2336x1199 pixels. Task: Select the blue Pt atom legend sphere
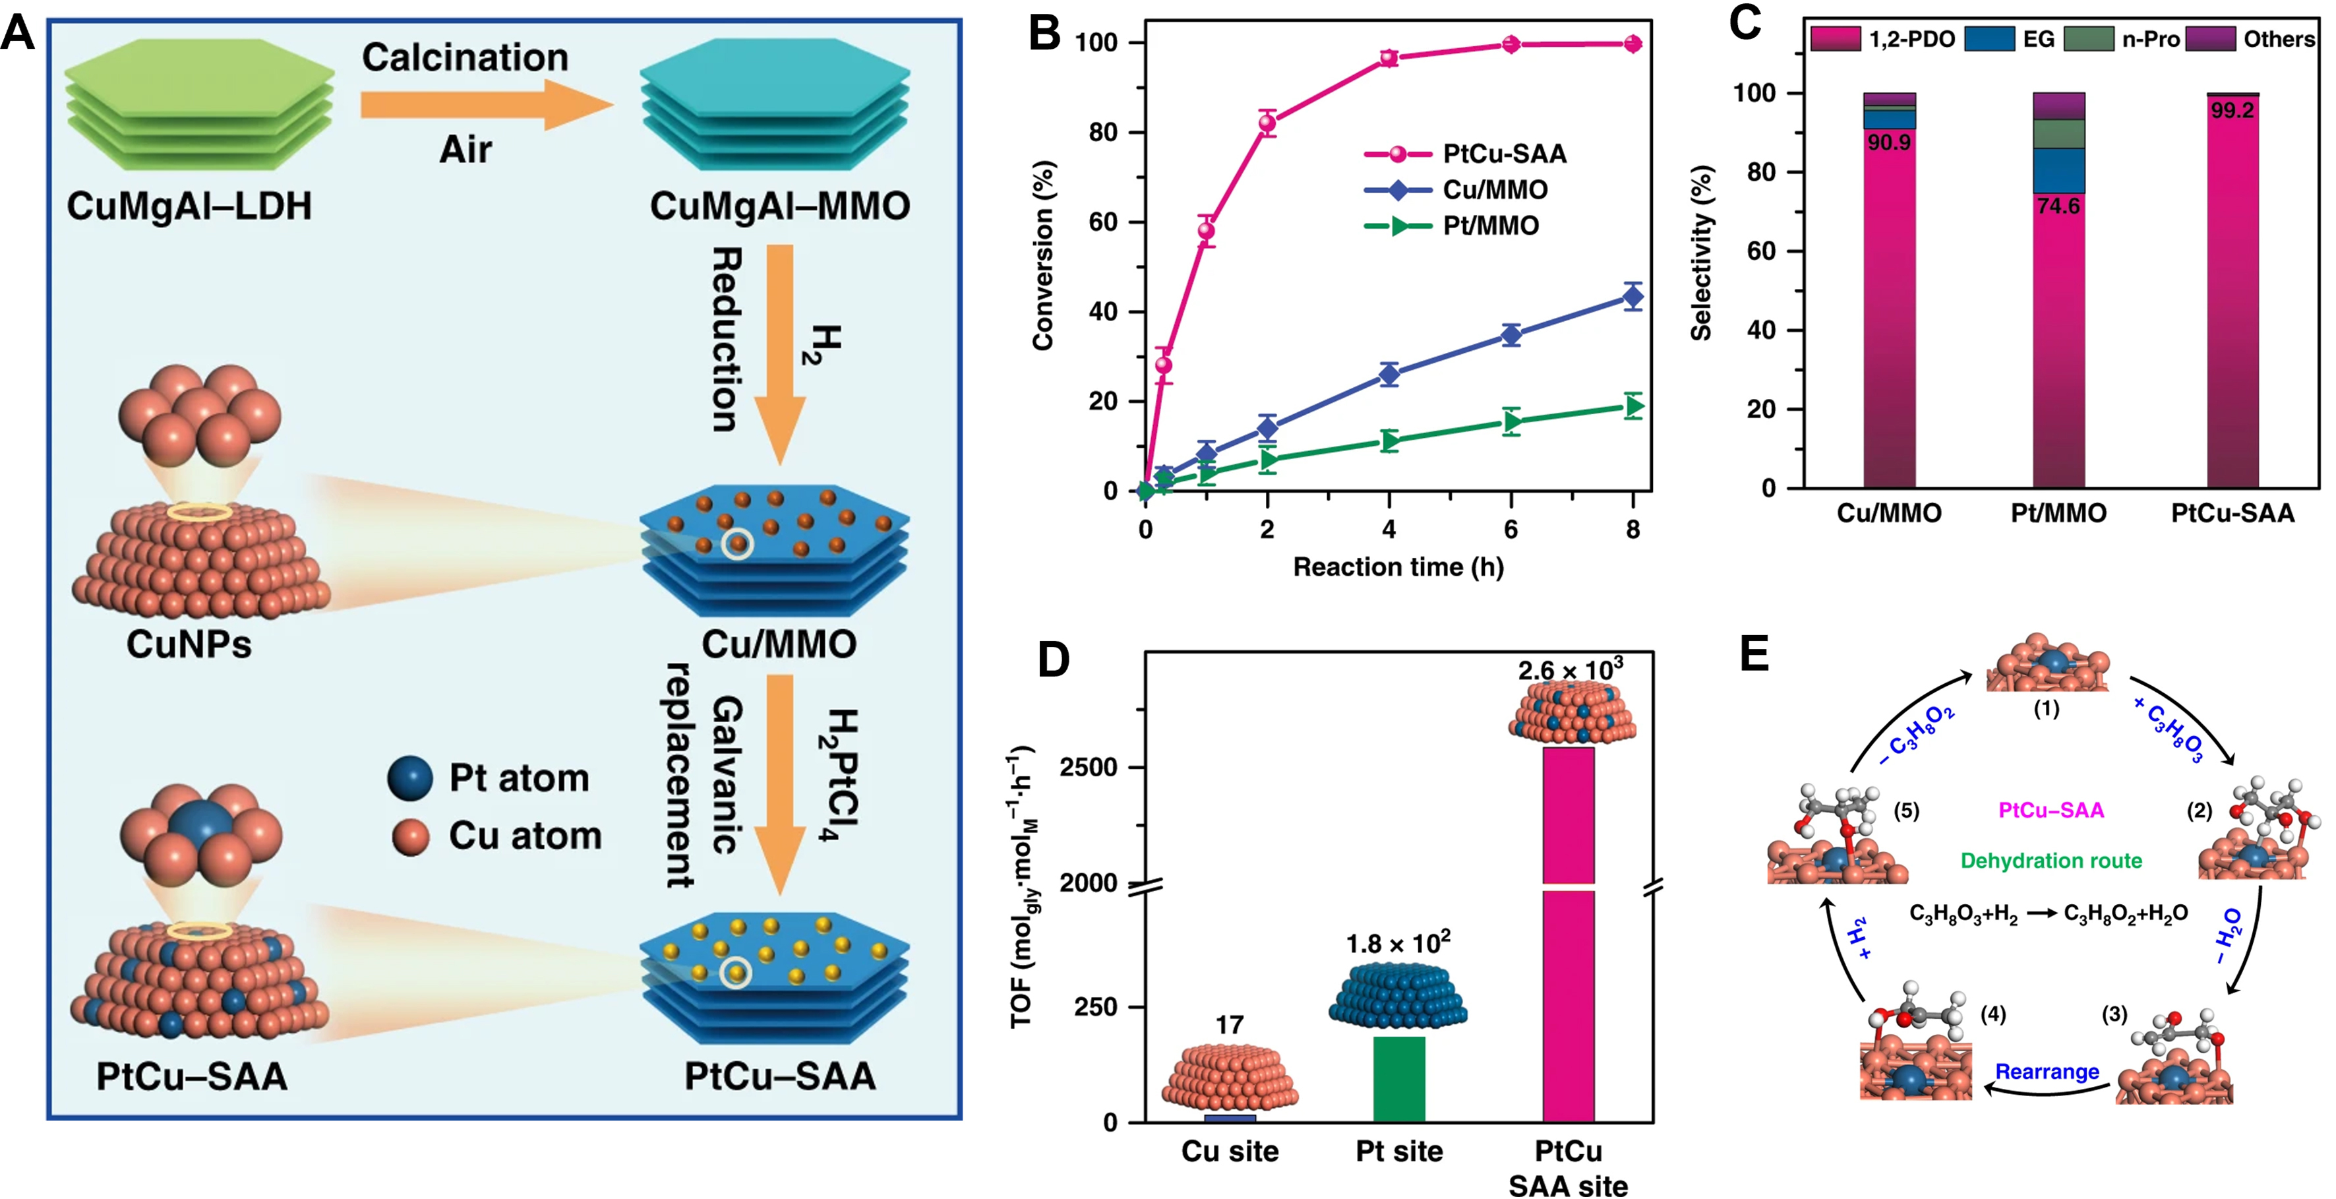(x=410, y=778)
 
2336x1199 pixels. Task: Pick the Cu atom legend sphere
(x=410, y=836)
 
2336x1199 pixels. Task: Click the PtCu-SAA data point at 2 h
(x=1267, y=123)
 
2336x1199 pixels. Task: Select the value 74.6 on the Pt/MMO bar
(x=2058, y=207)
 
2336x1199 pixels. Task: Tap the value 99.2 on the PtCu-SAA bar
(x=2232, y=111)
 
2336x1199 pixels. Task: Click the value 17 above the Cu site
(x=1229, y=1025)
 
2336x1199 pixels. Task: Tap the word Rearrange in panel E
(x=2047, y=1071)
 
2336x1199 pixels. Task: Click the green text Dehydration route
(x=2051, y=860)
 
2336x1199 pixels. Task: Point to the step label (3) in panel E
(x=2114, y=1013)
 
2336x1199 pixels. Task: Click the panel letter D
(x=1053, y=660)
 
